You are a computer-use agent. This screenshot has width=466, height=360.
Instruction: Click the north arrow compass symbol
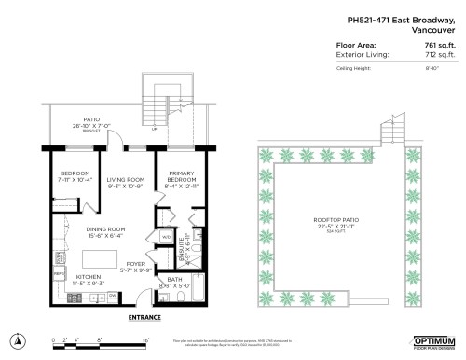(x=18, y=339)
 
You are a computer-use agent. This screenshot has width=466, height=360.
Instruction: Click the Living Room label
(x=124, y=179)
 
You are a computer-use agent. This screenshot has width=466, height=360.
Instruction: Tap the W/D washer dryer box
(x=166, y=238)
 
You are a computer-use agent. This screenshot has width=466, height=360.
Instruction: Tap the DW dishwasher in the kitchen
(x=112, y=295)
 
